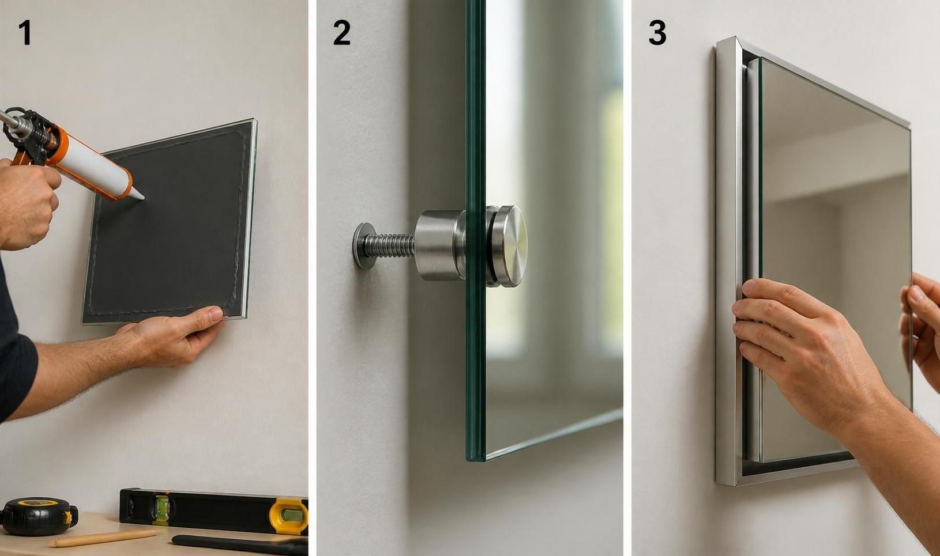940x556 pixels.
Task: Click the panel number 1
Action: click(x=25, y=32)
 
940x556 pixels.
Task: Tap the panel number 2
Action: click(x=341, y=32)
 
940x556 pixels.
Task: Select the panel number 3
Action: click(x=657, y=32)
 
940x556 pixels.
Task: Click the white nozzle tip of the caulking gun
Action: click(x=137, y=194)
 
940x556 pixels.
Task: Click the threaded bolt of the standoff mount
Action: click(x=388, y=245)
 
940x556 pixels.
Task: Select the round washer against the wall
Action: click(x=363, y=245)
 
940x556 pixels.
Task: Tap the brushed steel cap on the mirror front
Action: click(x=509, y=246)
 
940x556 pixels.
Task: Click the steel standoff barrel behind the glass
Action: click(x=440, y=245)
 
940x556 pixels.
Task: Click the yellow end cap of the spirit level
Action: click(x=288, y=517)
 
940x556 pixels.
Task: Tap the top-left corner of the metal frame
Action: click(x=718, y=40)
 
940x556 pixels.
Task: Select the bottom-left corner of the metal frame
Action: click(x=718, y=483)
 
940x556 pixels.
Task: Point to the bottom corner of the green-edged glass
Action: click(x=474, y=459)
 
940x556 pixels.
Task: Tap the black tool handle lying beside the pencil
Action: click(x=240, y=545)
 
